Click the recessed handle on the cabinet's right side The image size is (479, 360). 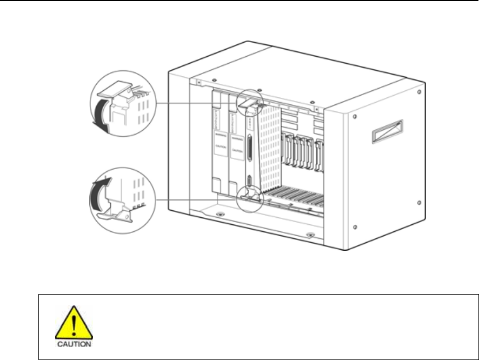click(x=386, y=132)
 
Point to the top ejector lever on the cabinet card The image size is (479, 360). click(x=247, y=102)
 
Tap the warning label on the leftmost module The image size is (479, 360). click(x=219, y=148)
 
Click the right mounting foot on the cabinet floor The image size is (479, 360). click(x=309, y=235)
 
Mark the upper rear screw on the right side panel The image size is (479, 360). click(x=419, y=92)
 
